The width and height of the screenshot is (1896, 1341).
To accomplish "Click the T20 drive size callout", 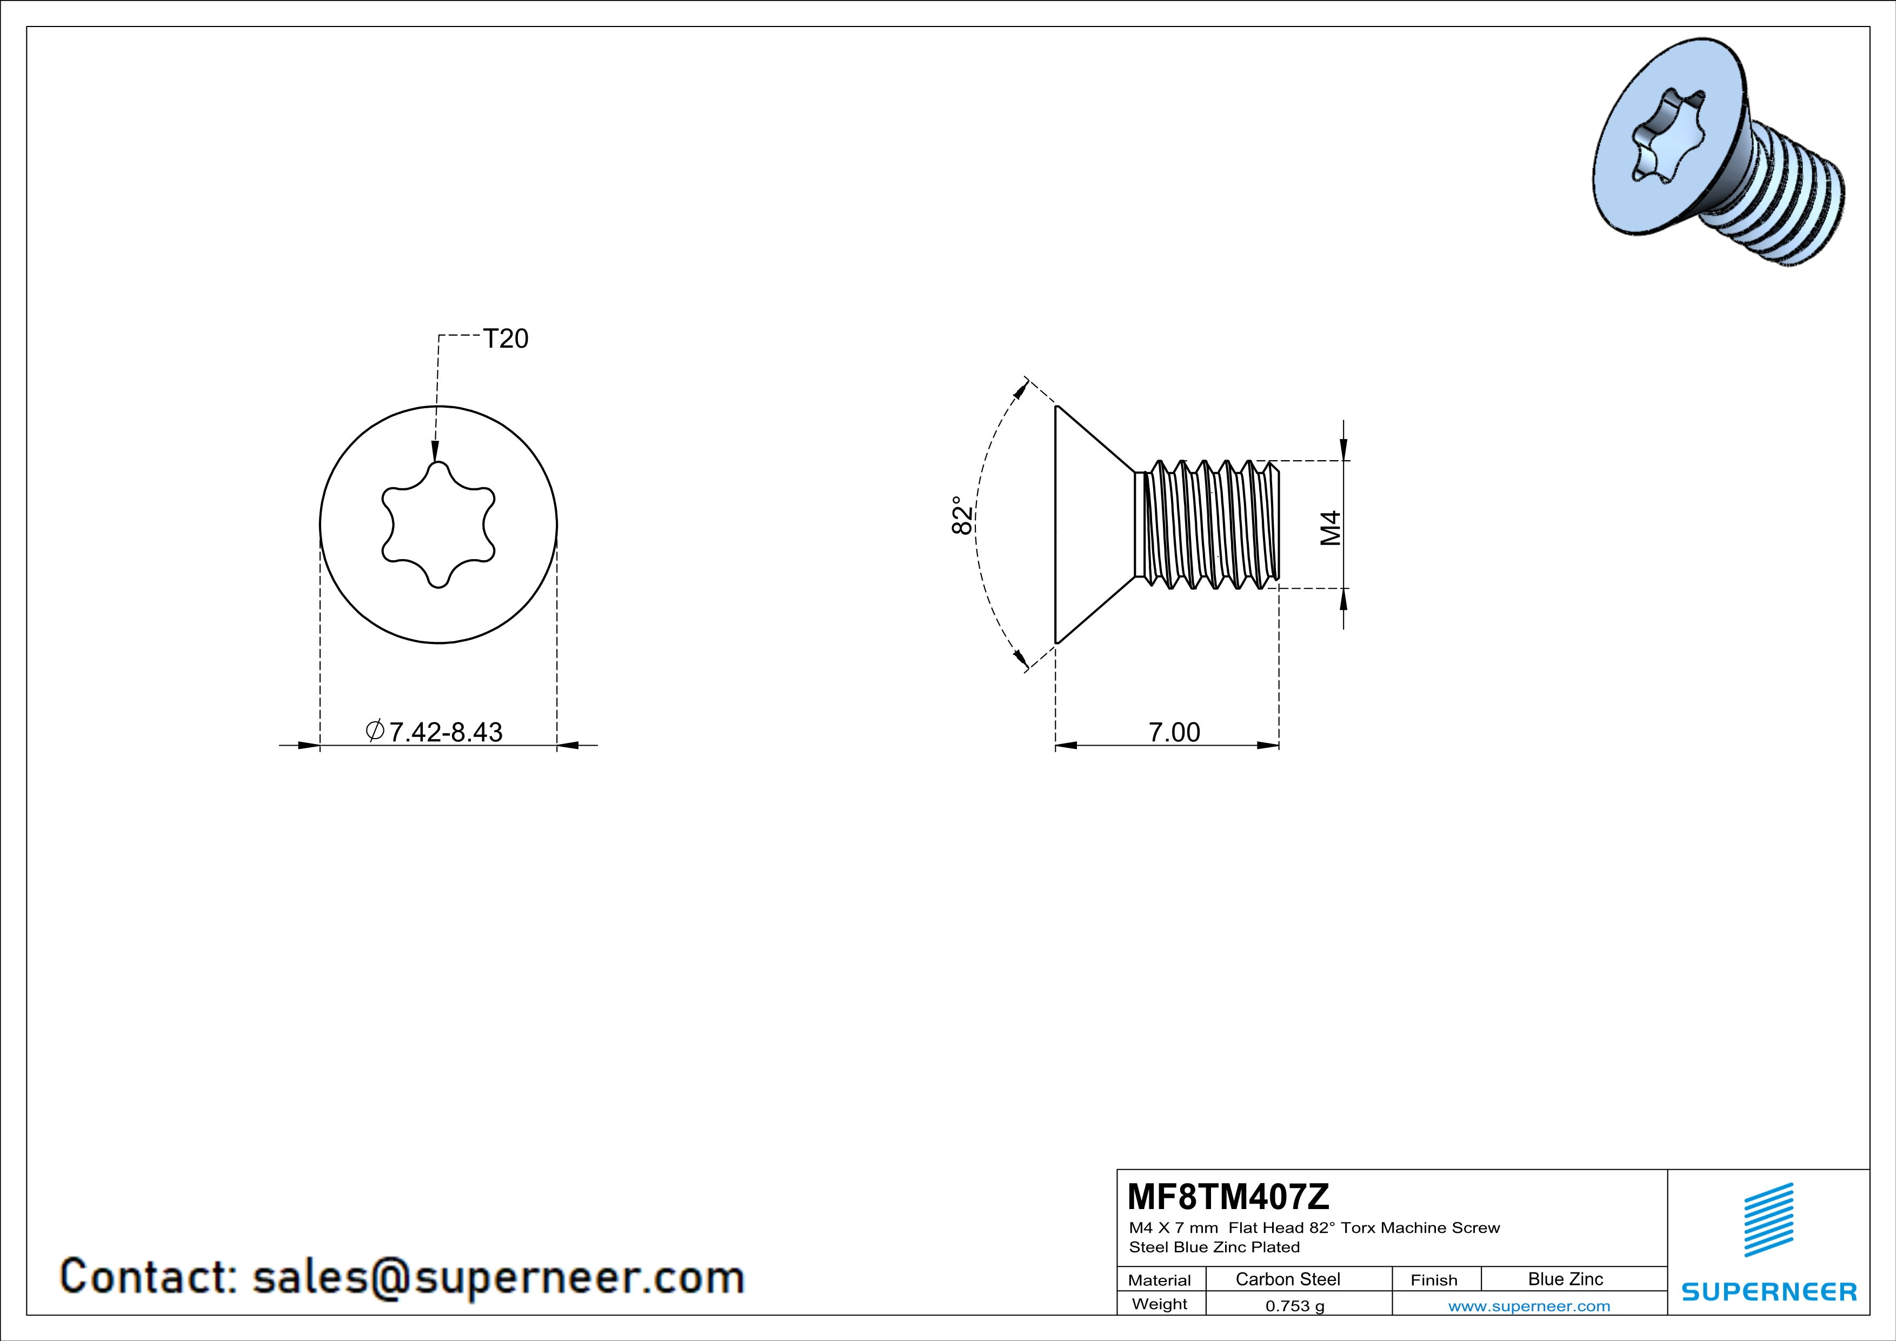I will click(x=505, y=338).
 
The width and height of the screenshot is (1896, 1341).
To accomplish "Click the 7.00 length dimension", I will click(x=1174, y=732).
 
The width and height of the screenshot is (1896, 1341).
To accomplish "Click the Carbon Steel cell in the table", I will click(x=1287, y=1279).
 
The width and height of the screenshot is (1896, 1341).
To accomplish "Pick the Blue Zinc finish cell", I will click(x=1565, y=1279).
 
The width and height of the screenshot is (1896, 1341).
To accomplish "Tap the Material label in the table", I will click(x=1160, y=1280).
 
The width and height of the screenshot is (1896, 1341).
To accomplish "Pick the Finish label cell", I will click(x=1434, y=1280).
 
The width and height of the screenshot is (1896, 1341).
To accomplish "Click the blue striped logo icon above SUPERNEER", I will click(x=1768, y=1220).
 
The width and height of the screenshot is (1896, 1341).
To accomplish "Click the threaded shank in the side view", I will click(x=1210, y=525).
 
